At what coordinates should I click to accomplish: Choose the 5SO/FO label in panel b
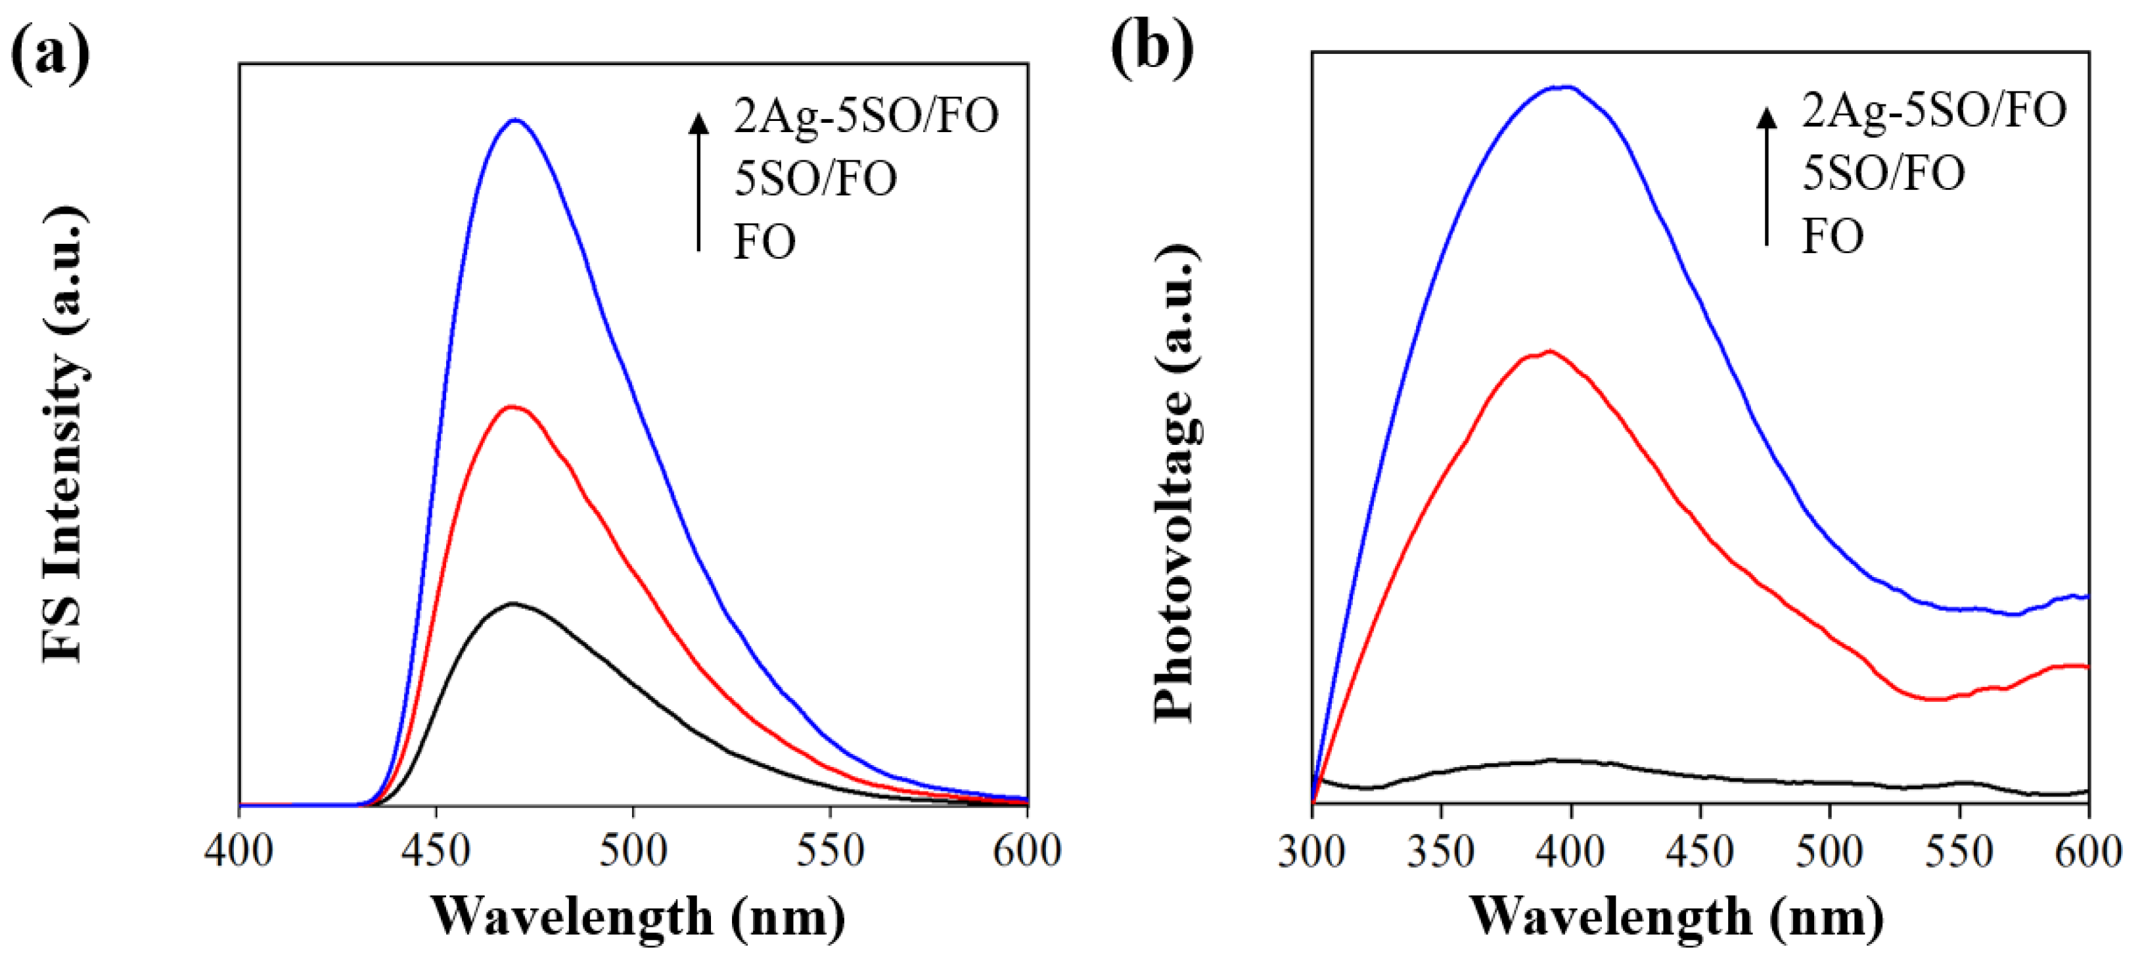pyautogui.click(x=1883, y=173)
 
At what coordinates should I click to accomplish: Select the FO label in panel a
pyautogui.click(x=764, y=242)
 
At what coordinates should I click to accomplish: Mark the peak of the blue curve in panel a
pyautogui.click(x=516, y=120)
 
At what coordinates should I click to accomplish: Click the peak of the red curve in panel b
pyautogui.click(x=1548, y=352)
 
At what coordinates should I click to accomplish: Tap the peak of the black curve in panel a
pyautogui.click(x=513, y=603)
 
